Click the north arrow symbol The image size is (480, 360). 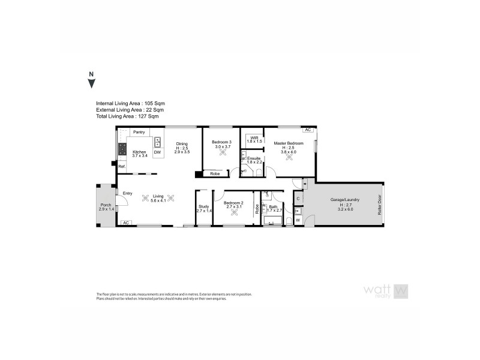tap(91, 82)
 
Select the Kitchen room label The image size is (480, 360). tap(139, 152)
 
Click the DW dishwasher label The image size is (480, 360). tap(158, 153)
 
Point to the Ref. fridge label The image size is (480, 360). tap(121, 166)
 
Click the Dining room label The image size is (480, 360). tap(182, 143)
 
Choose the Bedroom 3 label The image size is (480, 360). tap(222, 142)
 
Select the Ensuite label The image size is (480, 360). tap(256, 158)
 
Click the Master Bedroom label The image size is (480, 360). tap(289, 144)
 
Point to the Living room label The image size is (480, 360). tap(158, 196)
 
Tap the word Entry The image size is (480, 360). tap(127, 193)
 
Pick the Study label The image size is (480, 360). tap(203, 207)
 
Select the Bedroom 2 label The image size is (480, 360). tap(233, 203)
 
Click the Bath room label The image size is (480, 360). tap(274, 207)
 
